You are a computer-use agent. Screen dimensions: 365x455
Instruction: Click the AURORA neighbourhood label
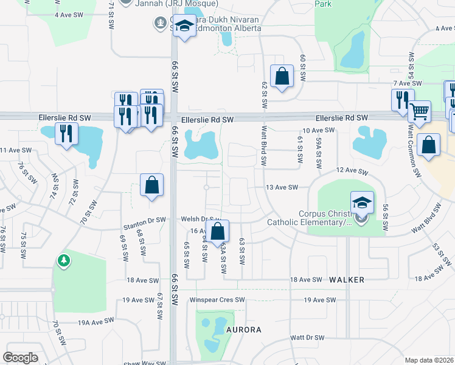pos(243,330)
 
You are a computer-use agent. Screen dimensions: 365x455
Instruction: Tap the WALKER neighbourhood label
pos(347,280)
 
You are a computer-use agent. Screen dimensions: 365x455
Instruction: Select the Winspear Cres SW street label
pos(217,300)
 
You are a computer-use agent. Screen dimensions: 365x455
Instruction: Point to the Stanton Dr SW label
pos(144,219)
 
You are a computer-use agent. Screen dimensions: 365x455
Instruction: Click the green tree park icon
pos(63,260)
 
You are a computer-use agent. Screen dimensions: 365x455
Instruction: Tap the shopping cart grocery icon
pos(419,111)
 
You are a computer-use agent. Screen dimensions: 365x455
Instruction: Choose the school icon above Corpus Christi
pos(362,201)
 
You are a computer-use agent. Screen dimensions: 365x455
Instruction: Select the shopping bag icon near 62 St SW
pos(282,77)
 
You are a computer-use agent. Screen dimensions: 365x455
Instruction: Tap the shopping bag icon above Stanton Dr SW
pos(151,186)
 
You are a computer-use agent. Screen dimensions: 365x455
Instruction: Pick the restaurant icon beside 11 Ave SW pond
pos(66,133)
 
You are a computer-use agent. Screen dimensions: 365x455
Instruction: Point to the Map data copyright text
pos(429,360)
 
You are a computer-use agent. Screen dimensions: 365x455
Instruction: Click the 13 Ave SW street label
pos(282,187)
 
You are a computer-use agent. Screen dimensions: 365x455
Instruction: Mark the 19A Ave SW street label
pos(95,321)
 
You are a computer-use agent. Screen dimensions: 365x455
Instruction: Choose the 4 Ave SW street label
pos(68,14)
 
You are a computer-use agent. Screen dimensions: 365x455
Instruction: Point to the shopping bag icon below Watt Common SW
pos(429,146)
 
